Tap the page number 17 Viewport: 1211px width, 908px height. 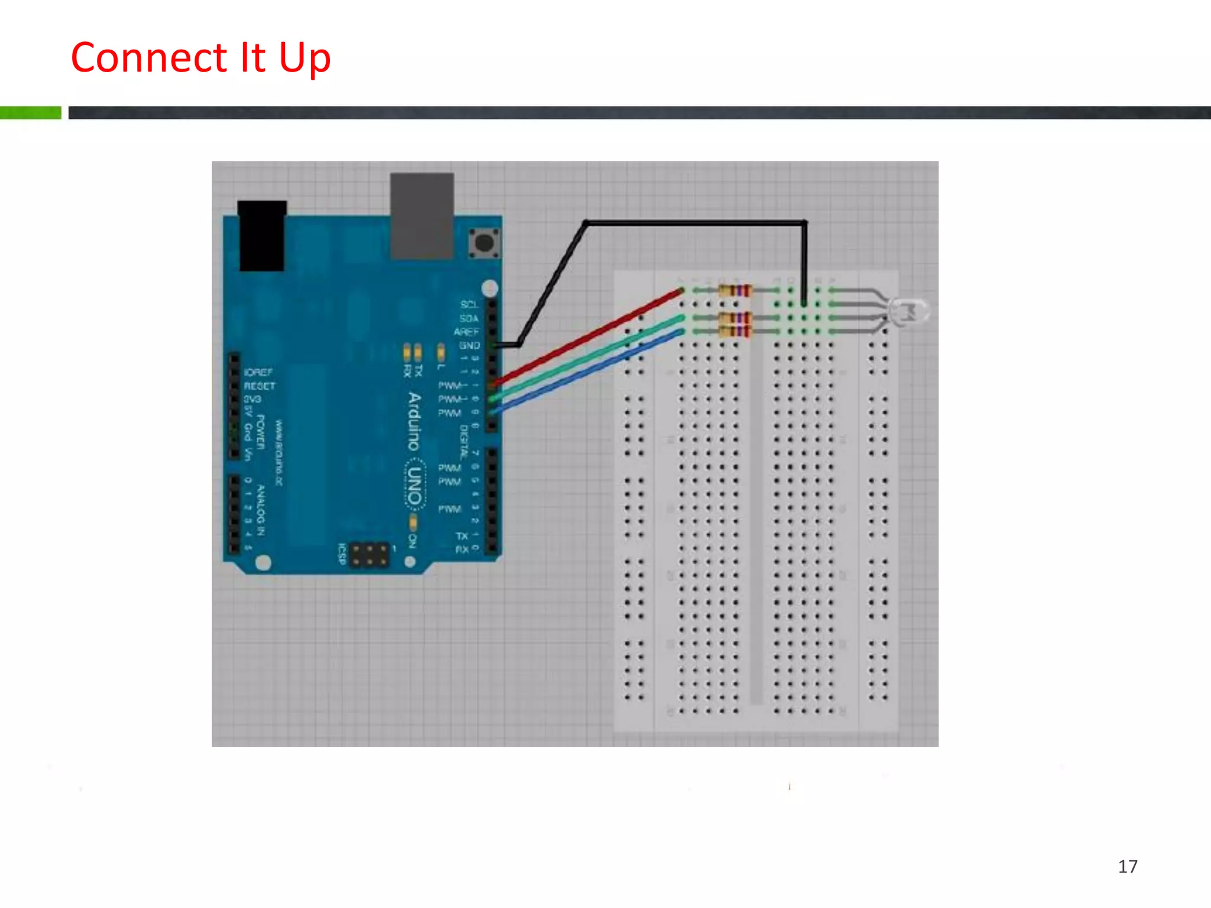coord(1128,867)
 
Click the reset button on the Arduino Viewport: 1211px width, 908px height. coord(484,242)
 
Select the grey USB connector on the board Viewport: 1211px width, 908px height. coord(422,216)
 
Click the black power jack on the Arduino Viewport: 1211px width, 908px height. coord(262,236)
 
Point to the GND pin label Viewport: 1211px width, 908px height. coord(469,345)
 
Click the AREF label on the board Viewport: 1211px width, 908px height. coord(467,332)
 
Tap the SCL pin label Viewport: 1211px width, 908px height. coord(469,304)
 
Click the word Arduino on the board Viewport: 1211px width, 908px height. coord(415,421)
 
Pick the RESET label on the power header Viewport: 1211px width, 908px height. coord(260,386)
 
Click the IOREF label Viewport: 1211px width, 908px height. coord(258,372)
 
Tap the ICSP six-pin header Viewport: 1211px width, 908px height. coord(370,555)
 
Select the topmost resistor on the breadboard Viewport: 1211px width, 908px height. coord(735,290)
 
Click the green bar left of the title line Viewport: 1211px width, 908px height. coord(30,113)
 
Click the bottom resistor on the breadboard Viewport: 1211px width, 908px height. coord(735,331)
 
